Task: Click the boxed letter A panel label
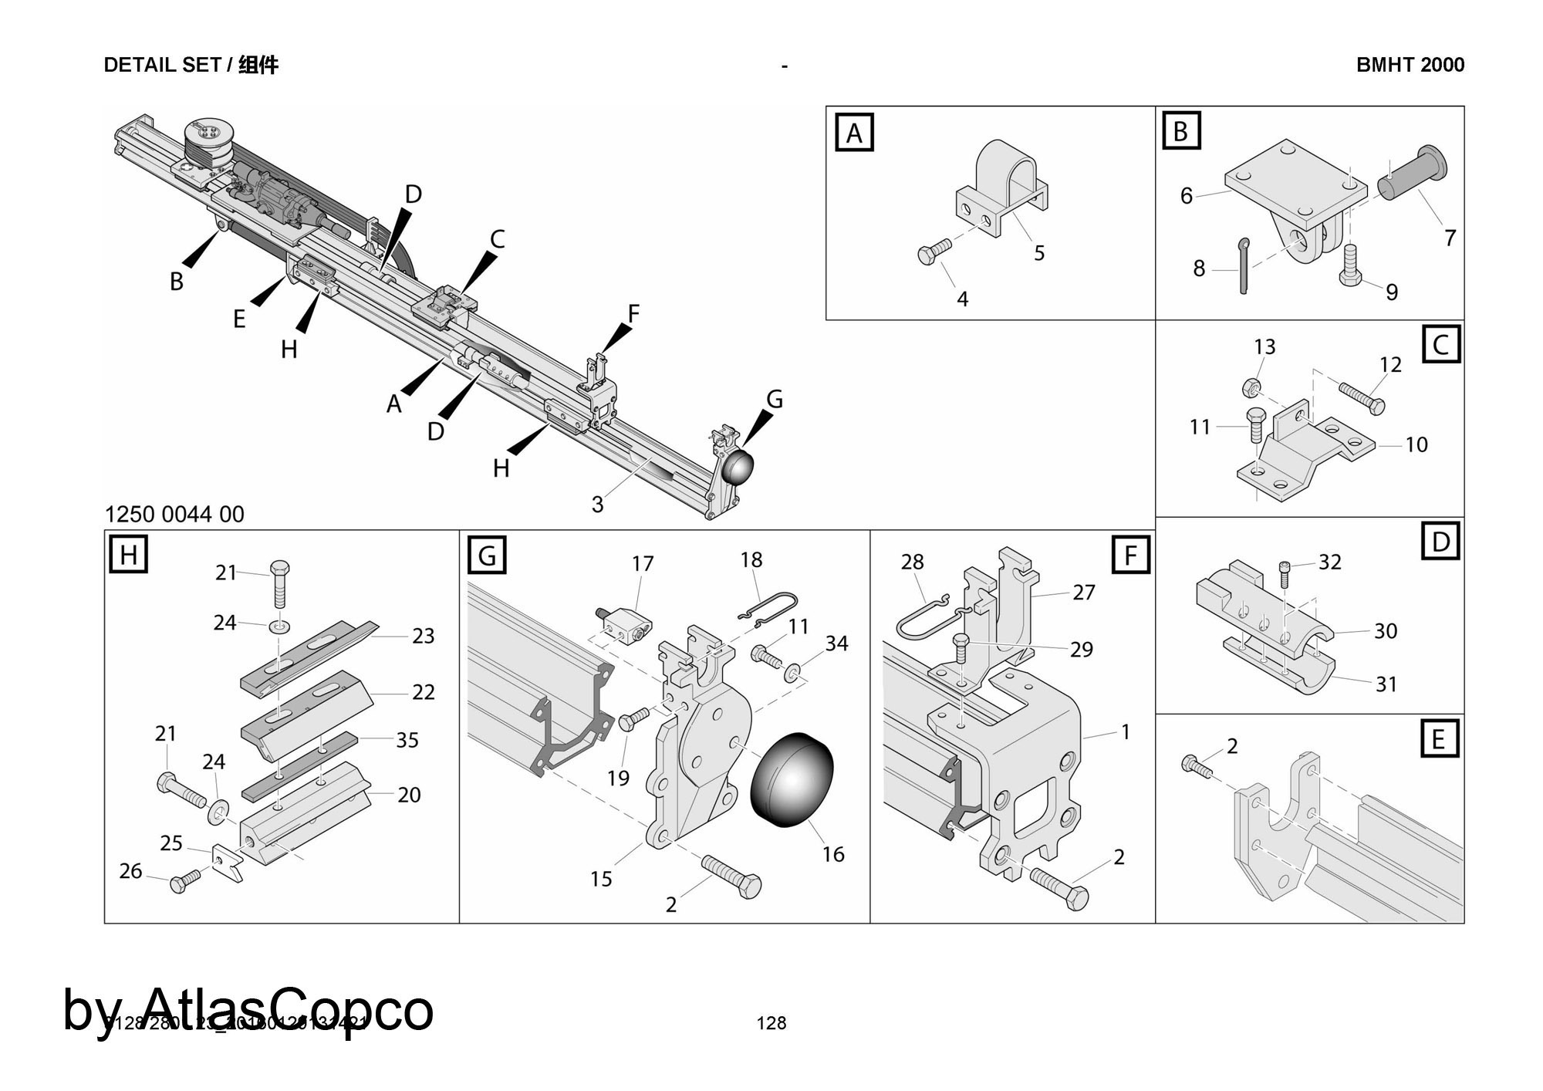(x=854, y=133)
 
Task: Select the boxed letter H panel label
(x=128, y=555)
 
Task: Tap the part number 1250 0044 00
(x=174, y=514)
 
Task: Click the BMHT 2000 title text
(x=1410, y=65)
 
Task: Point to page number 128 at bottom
(x=771, y=1023)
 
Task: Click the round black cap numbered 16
(x=792, y=781)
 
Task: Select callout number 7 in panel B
(x=1450, y=238)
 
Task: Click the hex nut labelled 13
(x=1252, y=386)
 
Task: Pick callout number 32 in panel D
(x=1330, y=562)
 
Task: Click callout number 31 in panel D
(x=1386, y=684)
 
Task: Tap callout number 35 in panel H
(x=407, y=740)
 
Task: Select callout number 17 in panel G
(x=643, y=564)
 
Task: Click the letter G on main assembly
(x=775, y=400)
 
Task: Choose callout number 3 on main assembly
(x=597, y=504)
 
